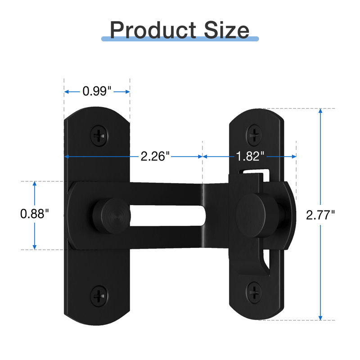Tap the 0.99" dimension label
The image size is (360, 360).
click(x=97, y=91)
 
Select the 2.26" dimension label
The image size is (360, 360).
click(x=155, y=156)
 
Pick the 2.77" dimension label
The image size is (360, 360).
click(x=320, y=215)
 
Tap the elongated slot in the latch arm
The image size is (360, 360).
click(x=167, y=215)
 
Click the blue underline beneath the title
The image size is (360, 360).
click(x=180, y=40)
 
